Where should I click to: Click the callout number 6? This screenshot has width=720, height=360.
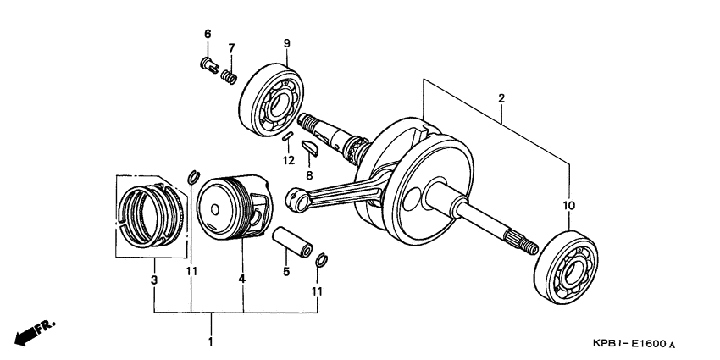pos(207,33)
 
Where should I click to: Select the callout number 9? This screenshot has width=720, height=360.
pos(286,43)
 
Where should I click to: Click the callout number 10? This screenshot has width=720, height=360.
pos(568,206)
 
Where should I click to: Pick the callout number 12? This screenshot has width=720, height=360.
pos(288,159)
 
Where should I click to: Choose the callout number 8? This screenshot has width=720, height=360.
pos(309,175)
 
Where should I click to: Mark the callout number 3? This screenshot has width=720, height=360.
pos(154,280)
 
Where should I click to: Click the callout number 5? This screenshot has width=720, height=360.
pos(286,272)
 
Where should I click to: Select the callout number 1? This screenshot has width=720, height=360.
pos(211,341)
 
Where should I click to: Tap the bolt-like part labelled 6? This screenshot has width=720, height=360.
pos(208,64)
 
